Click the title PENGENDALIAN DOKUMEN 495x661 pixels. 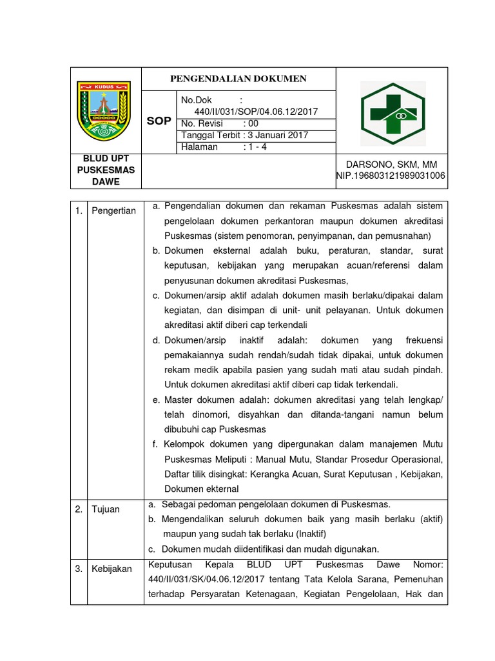coord(238,79)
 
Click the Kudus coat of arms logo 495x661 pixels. coord(104,110)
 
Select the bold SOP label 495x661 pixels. coord(159,121)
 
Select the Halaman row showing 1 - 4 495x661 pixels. coord(219,147)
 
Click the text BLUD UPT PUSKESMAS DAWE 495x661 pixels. coord(106,170)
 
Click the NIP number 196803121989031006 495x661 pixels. coord(402,176)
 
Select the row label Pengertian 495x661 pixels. coord(113,211)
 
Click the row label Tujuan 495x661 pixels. coord(106,509)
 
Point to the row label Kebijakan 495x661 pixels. coord(111,569)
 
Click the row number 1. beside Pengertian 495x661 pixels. coord(78,211)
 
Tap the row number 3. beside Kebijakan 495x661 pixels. coord(78,569)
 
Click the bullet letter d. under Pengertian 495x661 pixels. coord(156,340)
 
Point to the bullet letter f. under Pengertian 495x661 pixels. coord(155,444)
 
